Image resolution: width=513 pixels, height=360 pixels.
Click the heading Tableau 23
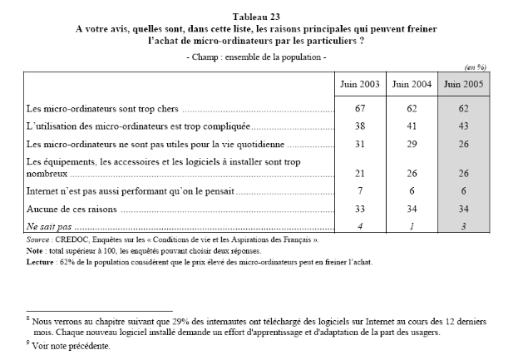[256, 15]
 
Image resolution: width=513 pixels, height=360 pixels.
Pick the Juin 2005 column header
[463, 84]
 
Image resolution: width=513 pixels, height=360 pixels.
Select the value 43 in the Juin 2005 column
[463, 128]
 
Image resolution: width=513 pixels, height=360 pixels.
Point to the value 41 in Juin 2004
[410, 128]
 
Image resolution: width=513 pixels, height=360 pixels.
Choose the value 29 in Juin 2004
[410, 145]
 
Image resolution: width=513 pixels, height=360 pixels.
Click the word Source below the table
[38, 239]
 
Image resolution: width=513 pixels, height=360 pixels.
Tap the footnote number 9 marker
[27, 343]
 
